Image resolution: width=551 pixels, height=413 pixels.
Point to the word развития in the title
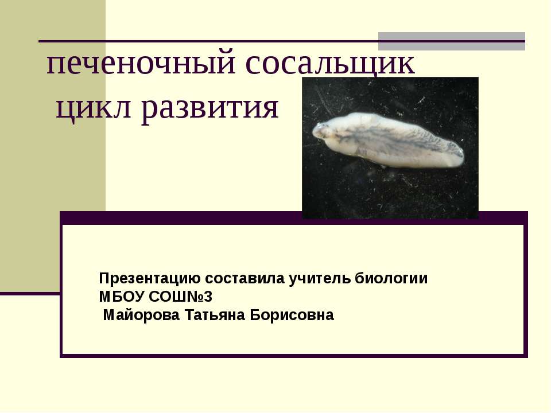tap(209, 108)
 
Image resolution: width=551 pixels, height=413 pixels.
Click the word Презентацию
tap(150, 279)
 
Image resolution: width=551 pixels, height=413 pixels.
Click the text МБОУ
tap(122, 297)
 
